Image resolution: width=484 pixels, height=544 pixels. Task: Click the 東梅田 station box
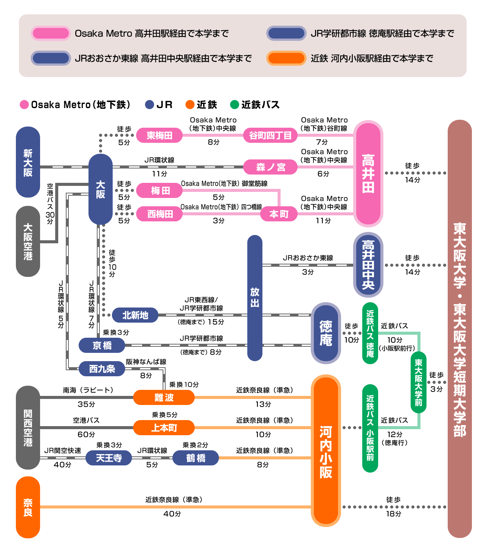point(159,135)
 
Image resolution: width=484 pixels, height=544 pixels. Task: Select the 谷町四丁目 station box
point(270,135)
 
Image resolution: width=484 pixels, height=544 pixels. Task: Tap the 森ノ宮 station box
point(270,167)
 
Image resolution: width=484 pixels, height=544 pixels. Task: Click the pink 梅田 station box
point(159,191)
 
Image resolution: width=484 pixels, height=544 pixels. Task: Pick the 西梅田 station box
point(159,214)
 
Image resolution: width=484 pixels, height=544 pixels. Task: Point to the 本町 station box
point(279,214)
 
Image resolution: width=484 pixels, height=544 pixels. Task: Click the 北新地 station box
point(135,315)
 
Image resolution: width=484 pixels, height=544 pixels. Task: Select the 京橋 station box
point(102,345)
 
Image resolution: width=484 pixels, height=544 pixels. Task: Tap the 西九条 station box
point(102,369)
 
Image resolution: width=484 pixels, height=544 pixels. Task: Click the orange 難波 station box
point(164,397)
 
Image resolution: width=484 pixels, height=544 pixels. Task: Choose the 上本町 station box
point(164,428)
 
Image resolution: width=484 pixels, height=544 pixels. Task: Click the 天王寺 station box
point(109,458)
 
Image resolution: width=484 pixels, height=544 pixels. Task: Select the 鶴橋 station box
point(195,458)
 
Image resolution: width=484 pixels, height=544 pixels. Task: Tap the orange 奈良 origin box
point(28,507)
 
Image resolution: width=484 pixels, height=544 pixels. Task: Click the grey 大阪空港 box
point(28,241)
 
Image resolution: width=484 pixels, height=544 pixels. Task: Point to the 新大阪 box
point(28,162)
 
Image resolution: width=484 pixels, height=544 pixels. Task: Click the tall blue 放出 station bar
point(255,298)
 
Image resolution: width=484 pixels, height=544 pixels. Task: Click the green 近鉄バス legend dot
point(234,105)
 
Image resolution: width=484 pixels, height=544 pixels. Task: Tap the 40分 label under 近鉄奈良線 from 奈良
point(172,514)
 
